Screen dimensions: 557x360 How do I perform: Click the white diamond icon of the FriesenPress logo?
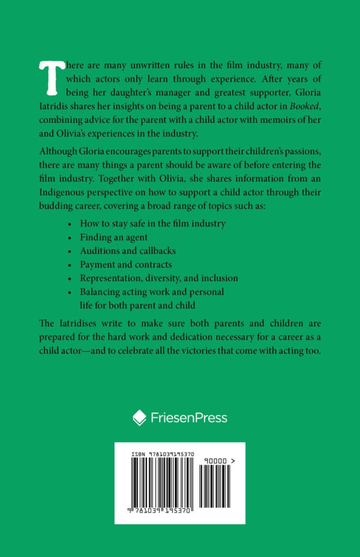tap(140, 418)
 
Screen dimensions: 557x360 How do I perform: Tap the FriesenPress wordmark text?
tap(188, 418)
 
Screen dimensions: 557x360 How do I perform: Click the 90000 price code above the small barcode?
tap(216, 460)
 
